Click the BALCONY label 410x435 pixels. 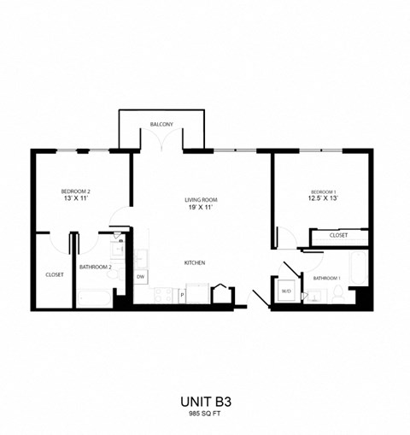point(161,125)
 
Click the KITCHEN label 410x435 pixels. point(194,262)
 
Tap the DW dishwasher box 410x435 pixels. point(141,277)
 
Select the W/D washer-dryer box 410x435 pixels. point(286,291)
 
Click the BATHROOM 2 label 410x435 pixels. point(96,267)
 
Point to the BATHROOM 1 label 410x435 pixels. point(326,279)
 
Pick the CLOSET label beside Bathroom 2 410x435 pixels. point(55,274)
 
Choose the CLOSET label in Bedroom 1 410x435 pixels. point(338,234)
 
